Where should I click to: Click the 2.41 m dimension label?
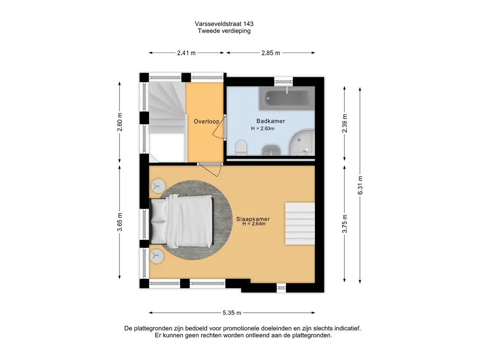point(186,53)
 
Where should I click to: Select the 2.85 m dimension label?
point(270,53)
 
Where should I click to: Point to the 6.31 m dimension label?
point(360,185)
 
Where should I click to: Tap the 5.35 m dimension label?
point(232,313)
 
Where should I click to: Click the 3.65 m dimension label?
point(120,222)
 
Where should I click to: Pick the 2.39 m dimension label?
point(345,123)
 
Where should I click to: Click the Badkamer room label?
point(270,121)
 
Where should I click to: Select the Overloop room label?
point(207,121)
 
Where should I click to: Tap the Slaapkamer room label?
point(253,219)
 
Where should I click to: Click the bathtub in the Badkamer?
point(286,98)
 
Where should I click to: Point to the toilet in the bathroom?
point(241,148)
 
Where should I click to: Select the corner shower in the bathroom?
point(302,142)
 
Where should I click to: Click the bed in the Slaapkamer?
point(181,221)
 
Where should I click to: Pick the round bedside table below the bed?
point(157,256)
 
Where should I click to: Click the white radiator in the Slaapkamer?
point(300,224)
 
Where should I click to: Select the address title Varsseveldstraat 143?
point(224,23)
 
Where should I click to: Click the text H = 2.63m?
point(262,128)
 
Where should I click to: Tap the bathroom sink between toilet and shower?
point(271,150)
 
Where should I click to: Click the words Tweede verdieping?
point(224,31)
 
